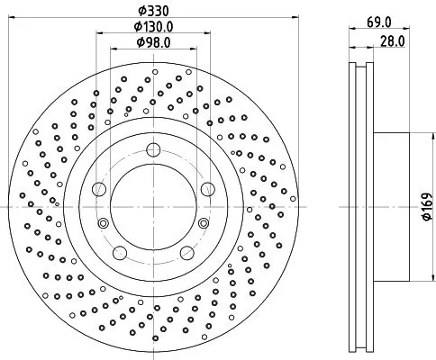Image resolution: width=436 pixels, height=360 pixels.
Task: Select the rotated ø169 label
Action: pos(426,206)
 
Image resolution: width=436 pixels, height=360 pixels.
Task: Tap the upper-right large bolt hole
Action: pos(207,188)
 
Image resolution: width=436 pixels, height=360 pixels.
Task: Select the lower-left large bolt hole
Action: pos(120,253)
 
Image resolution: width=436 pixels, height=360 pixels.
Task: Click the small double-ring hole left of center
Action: pos(102,223)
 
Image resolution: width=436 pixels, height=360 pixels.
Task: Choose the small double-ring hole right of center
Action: pos(204,223)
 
